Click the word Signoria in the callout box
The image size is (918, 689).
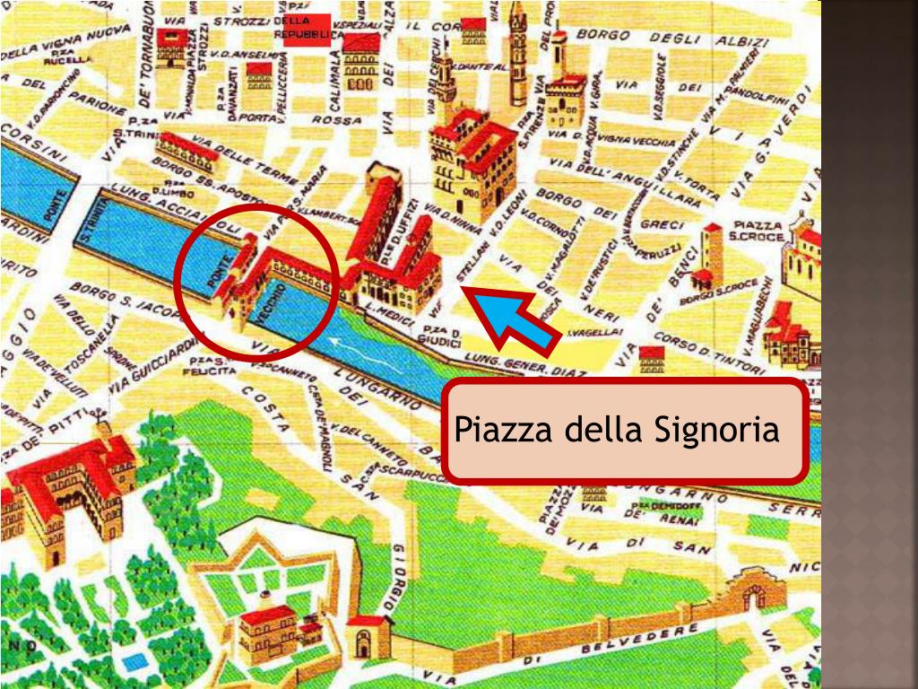click(x=717, y=430)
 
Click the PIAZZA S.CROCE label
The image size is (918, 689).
click(x=758, y=230)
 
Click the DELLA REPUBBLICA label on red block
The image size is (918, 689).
click(x=307, y=28)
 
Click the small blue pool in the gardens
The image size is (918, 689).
click(x=135, y=661)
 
